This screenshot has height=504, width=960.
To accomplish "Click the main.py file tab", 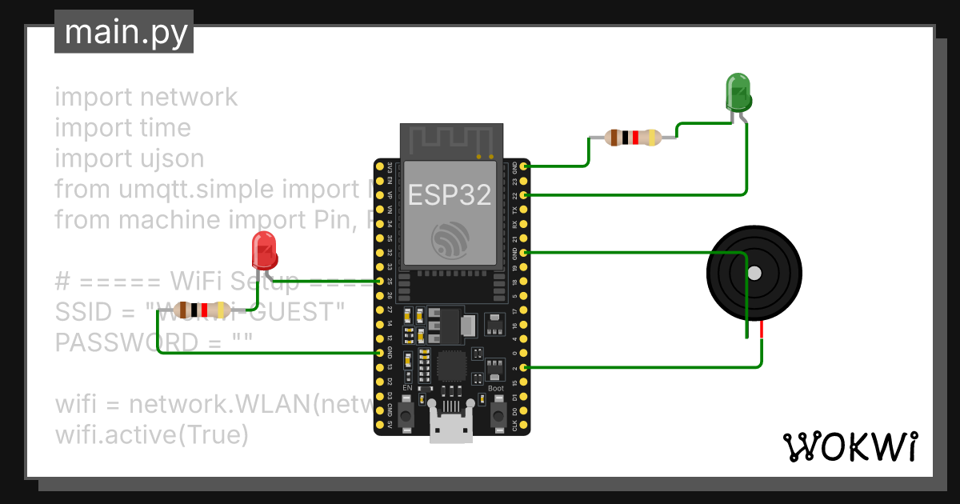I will [124, 34].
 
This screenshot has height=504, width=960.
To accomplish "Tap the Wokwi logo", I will [850, 446].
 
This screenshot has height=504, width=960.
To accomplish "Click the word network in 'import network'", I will [189, 97].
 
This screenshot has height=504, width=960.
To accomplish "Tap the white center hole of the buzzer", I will [754, 274].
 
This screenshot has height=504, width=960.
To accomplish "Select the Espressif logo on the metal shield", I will [450, 239].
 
